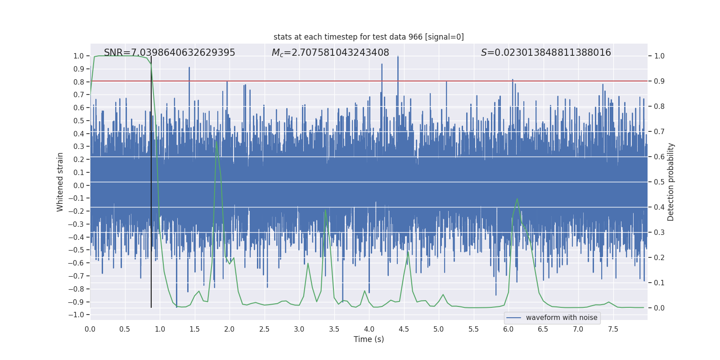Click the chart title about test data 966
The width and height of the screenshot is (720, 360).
tap(369, 37)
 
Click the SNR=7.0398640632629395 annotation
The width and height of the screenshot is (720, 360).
tap(169, 53)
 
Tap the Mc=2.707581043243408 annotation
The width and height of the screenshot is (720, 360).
tap(330, 53)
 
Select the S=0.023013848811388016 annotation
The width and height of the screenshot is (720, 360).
tap(546, 53)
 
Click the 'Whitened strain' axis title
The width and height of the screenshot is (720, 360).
tap(60, 182)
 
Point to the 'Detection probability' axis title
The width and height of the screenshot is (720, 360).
tap(671, 182)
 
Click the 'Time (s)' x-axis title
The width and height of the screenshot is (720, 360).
tap(369, 339)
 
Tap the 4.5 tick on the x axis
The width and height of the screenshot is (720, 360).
tap(404, 329)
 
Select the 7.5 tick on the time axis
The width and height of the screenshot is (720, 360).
tap(613, 329)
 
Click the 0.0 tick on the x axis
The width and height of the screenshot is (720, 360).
tap(90, 329)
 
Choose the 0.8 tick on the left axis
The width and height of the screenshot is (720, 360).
tap(79, 82)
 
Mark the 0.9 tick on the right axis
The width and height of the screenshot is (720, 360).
tap(659, 81)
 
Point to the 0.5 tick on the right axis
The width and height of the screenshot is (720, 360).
tap(659, 182)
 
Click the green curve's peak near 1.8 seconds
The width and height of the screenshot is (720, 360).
tap(216, 142)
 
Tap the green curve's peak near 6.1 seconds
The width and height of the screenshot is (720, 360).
tap(517, 199)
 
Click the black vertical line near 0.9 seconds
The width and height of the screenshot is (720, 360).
tap(151, 180)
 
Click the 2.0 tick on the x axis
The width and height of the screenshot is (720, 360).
tap(229, 329)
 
